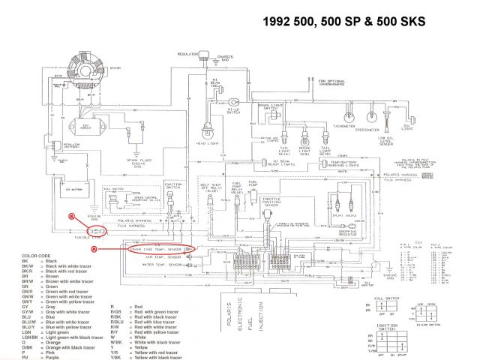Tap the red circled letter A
click(x=94, y=247)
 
